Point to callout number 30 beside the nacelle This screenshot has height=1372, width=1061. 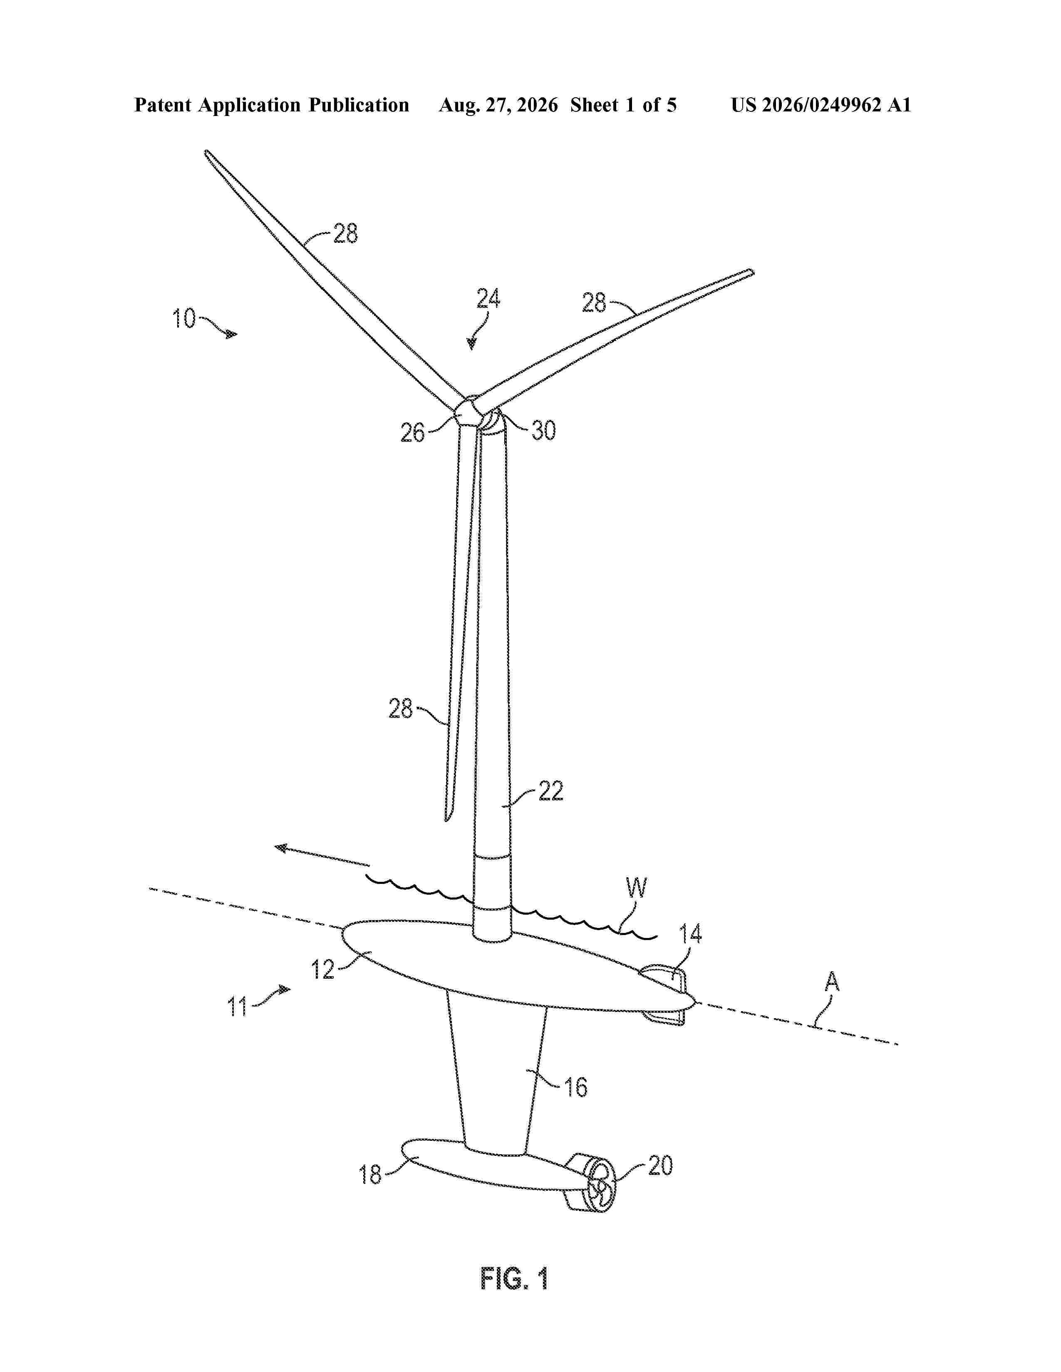(544, 430)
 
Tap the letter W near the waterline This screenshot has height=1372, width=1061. (636, 888)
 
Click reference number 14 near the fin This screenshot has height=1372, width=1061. (691, 934)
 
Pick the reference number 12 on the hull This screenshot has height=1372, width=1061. (323, 969)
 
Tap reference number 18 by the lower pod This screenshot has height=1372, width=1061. (371, 1175)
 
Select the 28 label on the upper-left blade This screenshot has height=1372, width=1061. (345, 234)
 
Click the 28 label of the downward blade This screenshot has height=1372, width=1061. (400, 709)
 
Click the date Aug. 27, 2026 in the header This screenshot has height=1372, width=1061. (498, 105)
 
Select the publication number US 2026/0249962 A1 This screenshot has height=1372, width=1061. (821, 105)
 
